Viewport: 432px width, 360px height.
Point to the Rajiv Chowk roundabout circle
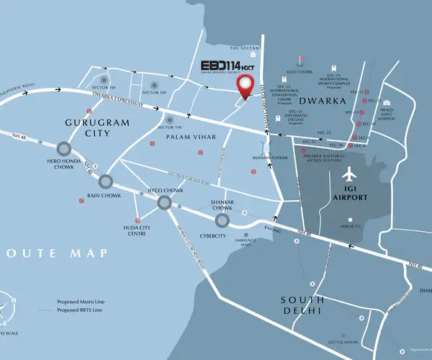(107, 181)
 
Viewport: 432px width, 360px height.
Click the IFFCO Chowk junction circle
(164, 204)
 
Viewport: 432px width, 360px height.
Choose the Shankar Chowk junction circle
(222, 220)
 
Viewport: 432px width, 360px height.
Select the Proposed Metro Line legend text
(83, 301)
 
